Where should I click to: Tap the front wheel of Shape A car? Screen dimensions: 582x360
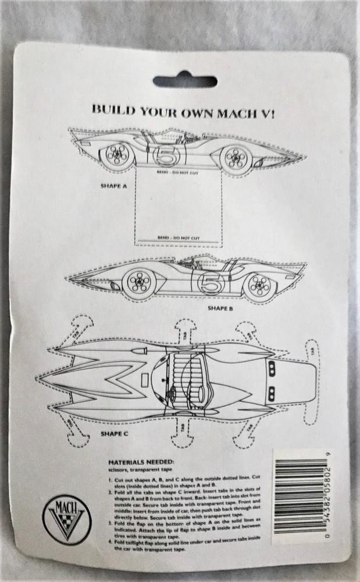[x=234, y=156]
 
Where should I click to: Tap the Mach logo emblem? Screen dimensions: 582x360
[x=65, y=517]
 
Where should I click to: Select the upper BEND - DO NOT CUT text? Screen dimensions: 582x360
[x=174, y=173]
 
